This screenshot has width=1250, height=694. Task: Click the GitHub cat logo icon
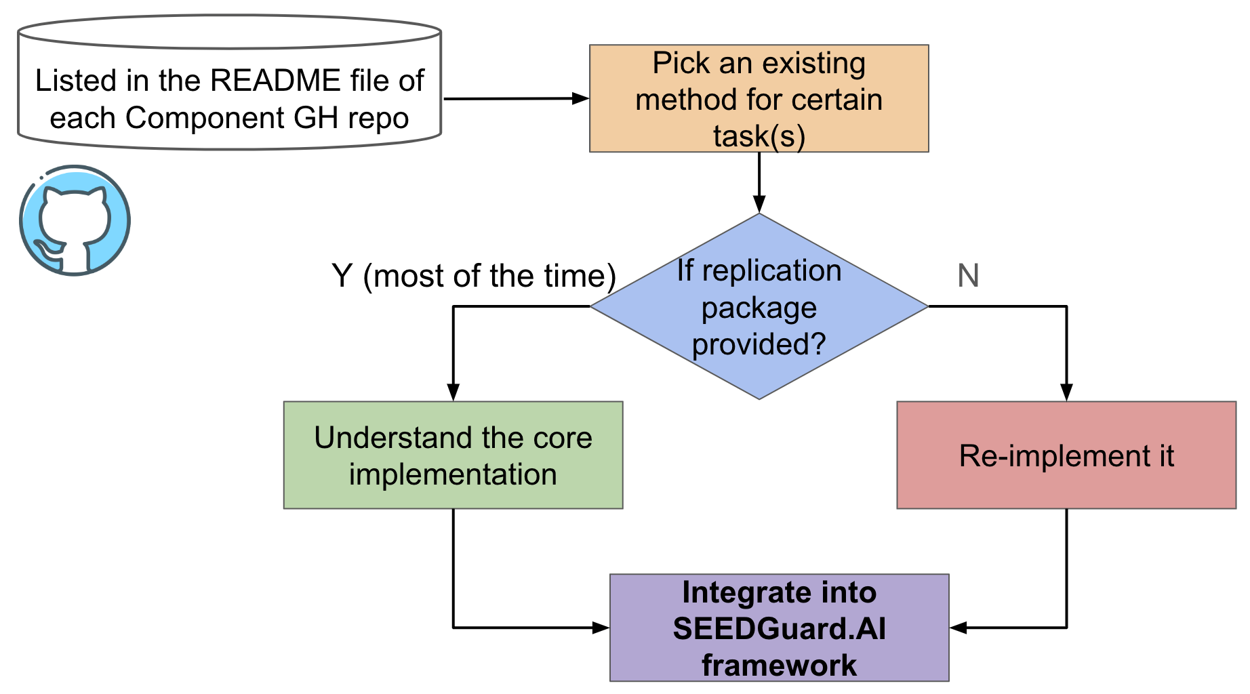(75, 221)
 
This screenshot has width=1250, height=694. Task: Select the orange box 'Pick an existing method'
(759, 99)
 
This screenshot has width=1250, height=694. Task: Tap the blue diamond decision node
(759, 306)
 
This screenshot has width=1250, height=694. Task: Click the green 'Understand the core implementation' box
(453, 455)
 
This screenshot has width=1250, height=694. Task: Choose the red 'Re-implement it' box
(1066, 455)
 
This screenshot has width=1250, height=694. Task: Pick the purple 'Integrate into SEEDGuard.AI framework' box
(779, 628)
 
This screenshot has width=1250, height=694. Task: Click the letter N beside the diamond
(968, 276)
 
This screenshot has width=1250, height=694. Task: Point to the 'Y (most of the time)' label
(473, 276)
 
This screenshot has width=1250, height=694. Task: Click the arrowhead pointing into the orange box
(580, 98)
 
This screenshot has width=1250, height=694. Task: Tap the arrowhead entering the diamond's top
(759, 204)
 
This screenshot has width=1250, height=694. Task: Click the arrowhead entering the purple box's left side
(601, 628)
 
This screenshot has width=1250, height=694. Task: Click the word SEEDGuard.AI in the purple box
(779, 629)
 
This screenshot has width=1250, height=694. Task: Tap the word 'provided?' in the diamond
(759, 344)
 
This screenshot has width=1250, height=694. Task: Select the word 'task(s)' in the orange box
(759, 136)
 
